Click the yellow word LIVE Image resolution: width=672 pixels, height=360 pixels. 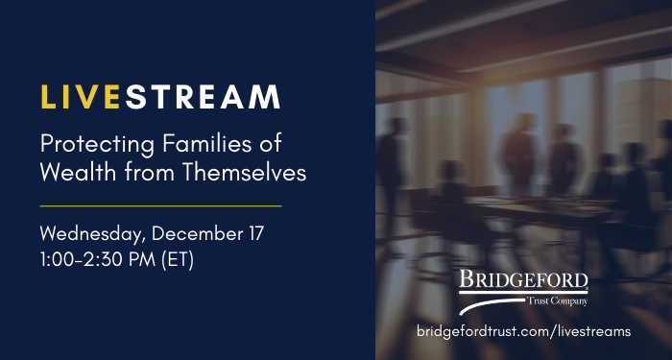(x=83, y=97)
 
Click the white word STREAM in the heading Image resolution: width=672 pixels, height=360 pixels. (x=204, y=97)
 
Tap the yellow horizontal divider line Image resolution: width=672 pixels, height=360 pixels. (x=160, y=205)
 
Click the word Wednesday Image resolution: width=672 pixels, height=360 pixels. (x=89, y=234)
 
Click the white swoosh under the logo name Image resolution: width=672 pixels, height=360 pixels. (x=499, y=304)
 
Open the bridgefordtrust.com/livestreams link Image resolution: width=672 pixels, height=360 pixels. (x=523, y=330)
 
